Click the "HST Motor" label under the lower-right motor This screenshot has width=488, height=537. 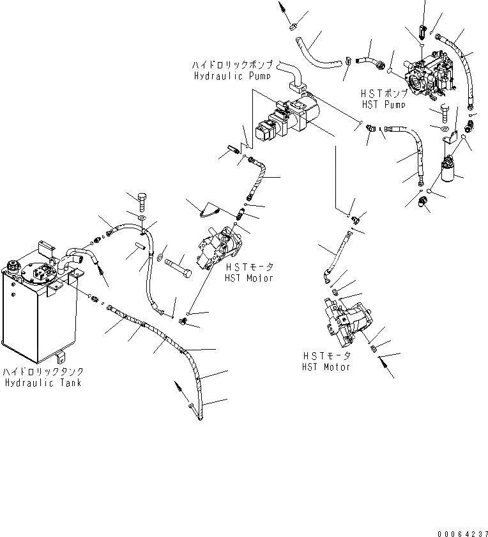(326, 362)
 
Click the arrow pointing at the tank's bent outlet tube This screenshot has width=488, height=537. (102, 273)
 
